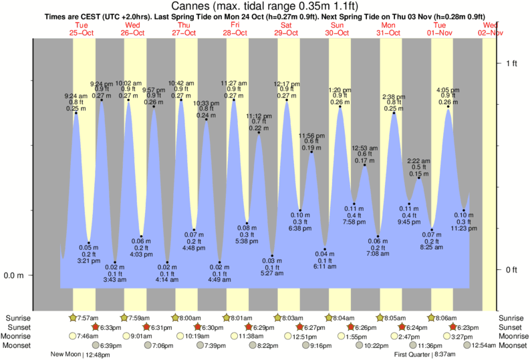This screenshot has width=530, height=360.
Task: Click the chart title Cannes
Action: [x=265, y=5]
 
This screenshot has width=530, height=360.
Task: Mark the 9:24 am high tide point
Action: [x=76, y=113]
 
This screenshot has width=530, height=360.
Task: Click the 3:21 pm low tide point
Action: [x=88, y=242]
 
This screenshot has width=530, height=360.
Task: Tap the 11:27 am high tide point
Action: [x=233, y=100]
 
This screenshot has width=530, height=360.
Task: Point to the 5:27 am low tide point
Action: [x=272, y=256]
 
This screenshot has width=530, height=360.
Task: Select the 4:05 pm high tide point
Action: [x=447, y=107]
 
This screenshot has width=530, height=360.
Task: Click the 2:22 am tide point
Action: [x=419, y=178]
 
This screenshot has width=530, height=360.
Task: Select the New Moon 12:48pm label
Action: [x=80, y=355]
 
